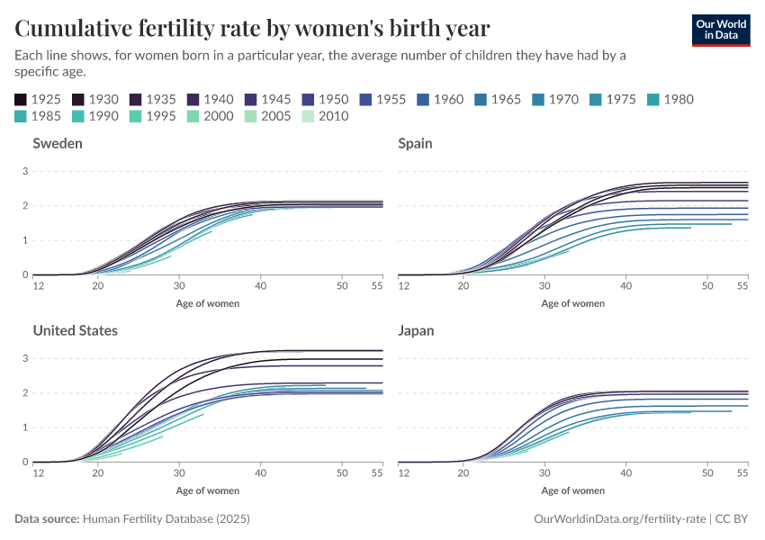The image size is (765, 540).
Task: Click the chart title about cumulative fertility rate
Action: tap(253, 28)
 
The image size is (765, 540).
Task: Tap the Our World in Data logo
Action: tap(720, 30)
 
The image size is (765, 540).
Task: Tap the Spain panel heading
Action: tap(415, 143)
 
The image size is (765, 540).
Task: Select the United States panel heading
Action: tap(75, 330)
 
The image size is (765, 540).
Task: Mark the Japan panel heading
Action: tap(416, 330)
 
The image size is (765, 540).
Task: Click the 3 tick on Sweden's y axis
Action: tap(27, 171)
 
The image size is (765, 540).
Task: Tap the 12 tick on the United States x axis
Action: tap(39, 472)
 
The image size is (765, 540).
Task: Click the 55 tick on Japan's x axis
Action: tap(742, 472)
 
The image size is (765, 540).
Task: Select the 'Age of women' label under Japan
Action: tap(573, 490)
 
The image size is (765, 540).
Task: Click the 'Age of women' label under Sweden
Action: tap(208, 303)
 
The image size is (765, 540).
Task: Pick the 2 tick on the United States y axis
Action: tap(27, 393)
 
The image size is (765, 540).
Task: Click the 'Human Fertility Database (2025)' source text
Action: tap(166, 519)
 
